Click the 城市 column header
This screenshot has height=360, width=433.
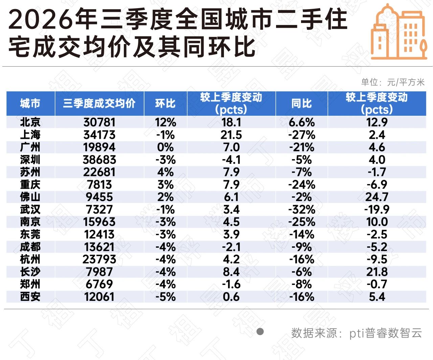click(30, 103)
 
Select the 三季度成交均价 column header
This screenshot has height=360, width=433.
click(99, 103)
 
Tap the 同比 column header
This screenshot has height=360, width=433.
click(301, 103)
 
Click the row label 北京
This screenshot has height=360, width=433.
click(30, 122)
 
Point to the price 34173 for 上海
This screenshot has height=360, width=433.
click(99, 135)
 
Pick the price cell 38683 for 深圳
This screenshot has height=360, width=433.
click(99, 160)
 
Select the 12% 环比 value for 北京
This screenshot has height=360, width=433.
click(165, 122)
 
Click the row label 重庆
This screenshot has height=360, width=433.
click(30, 184)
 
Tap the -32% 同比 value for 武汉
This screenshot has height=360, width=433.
click(302, 209)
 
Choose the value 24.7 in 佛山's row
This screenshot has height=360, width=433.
click(377, 197)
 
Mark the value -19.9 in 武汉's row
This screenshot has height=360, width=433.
click(377, 209)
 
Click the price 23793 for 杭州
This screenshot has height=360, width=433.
click(99, 259)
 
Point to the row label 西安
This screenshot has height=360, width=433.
click(30, 296)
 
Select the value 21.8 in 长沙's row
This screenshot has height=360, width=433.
click(377, 272)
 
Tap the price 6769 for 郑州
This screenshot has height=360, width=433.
click(99, 284)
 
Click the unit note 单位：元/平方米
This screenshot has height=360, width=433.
click(393, 82)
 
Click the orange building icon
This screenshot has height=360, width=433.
click(399, 31)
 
